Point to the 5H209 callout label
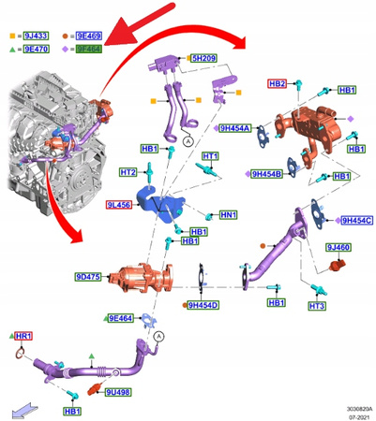[x=203, y=58]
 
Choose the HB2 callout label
[x=278, y=83]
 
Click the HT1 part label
[x=210, y=156]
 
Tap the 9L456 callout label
[x=119, y=203]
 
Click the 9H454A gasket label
[x=235, y=128]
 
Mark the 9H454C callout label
[x=355, y=220]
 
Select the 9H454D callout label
[x=202, y=305]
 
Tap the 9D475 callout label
[x=90, y=277]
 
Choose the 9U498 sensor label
[x=118, y=392]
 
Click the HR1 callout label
[x=24, y=335]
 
